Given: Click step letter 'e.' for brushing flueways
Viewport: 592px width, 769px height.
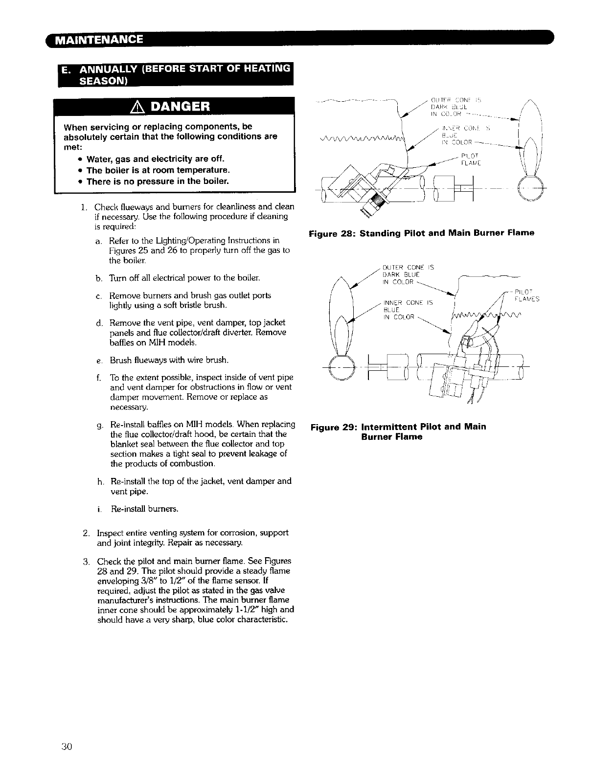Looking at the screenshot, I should [x=100, y=361].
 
